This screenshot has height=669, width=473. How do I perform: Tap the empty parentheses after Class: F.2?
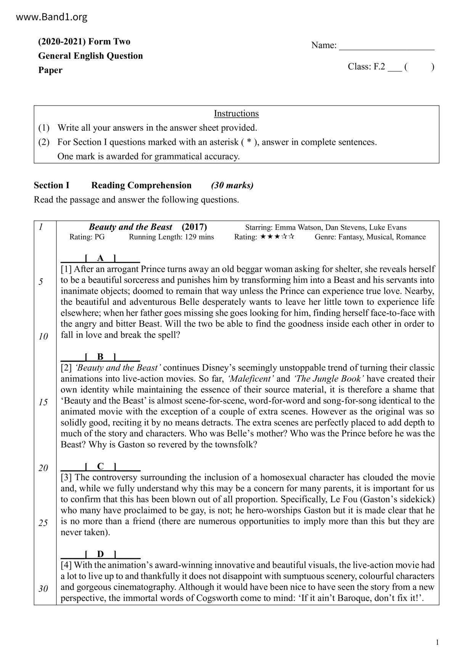coord(418,67)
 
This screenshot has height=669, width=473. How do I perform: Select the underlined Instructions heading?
coord(236,114)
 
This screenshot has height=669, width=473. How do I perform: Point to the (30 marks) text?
coord(232,185)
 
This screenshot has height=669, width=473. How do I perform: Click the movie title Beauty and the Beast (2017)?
coord(148,227)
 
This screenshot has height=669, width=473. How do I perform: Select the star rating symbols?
coord(277,237)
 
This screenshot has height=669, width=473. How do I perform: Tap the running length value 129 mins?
coord(199,237)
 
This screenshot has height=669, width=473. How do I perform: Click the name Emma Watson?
coord(298,227)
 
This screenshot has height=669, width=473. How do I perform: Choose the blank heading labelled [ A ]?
coord(100,258)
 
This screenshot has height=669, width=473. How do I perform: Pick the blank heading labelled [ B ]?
coord(100,357)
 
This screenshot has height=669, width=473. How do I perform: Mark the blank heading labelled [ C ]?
coord(100,466)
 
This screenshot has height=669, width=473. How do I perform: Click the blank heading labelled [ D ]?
coord(100,554)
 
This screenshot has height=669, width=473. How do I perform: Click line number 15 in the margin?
coord(43,402)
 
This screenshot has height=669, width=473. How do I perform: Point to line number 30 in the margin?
coord(43,589)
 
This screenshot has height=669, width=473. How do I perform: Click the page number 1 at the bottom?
coord(437,643)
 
